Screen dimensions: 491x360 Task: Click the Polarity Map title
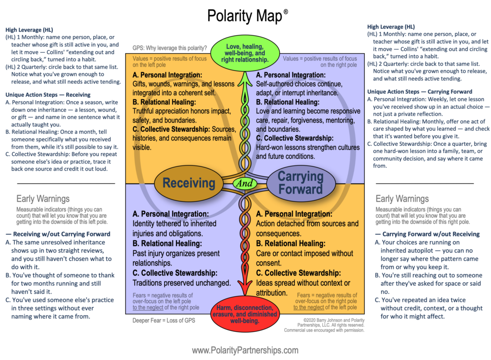click(x=245, y=16)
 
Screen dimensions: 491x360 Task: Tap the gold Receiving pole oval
click(x=189, y=183)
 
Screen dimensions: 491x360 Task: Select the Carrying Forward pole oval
click(x=301, y=183)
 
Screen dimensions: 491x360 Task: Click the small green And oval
click(x=245, y=183)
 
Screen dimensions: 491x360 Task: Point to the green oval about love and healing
click(x=245, y=53)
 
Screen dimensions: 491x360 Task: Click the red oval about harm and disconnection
click(x=245, y=314)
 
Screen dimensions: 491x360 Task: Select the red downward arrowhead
click(x=245, y=287)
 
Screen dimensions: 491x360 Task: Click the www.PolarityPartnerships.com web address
click(x=245, y=350)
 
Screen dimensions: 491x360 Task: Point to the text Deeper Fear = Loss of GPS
click(x=164, y=321)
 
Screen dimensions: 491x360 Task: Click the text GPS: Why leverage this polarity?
click(x=170, y=48)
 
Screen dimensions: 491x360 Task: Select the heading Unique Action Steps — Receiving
click(x=48, y=94)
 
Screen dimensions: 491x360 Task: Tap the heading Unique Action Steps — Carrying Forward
click(x=420, y=92)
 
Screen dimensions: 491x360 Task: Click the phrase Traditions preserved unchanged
click(x=182, y=283)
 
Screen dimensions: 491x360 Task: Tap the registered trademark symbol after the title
click(x=286, y=12)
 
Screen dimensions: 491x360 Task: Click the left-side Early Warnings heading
click(x=43, y=199)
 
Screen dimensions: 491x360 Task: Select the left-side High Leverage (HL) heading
click(x=29, y=30)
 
